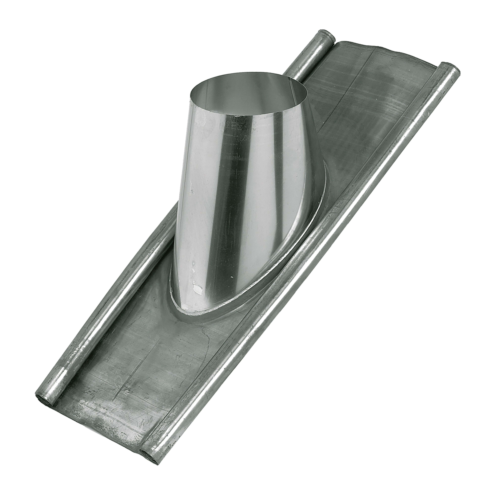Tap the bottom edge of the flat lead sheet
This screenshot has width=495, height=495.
coord(102,433)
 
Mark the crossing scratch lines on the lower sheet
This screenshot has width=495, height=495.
coord(123,392)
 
